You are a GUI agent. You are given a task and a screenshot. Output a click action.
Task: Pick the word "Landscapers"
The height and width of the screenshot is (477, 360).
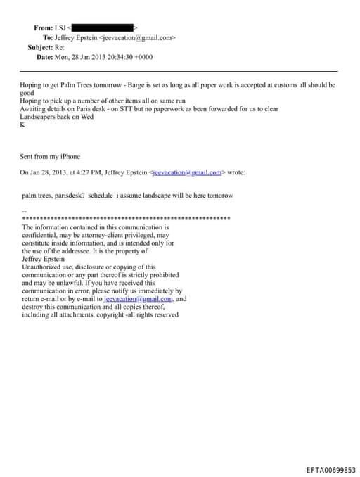point(39,117)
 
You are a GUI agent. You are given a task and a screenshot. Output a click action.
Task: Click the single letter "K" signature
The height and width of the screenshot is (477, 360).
point(22,125)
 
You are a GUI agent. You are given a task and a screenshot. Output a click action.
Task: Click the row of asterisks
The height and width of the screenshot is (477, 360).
point(126,219)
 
